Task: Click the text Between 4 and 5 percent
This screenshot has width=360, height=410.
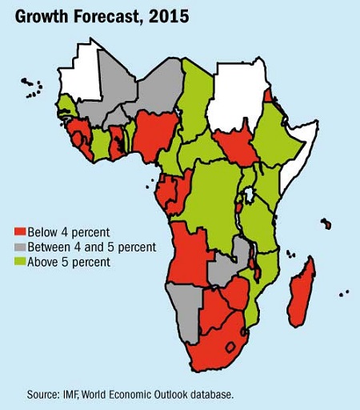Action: tap(91, 247)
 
